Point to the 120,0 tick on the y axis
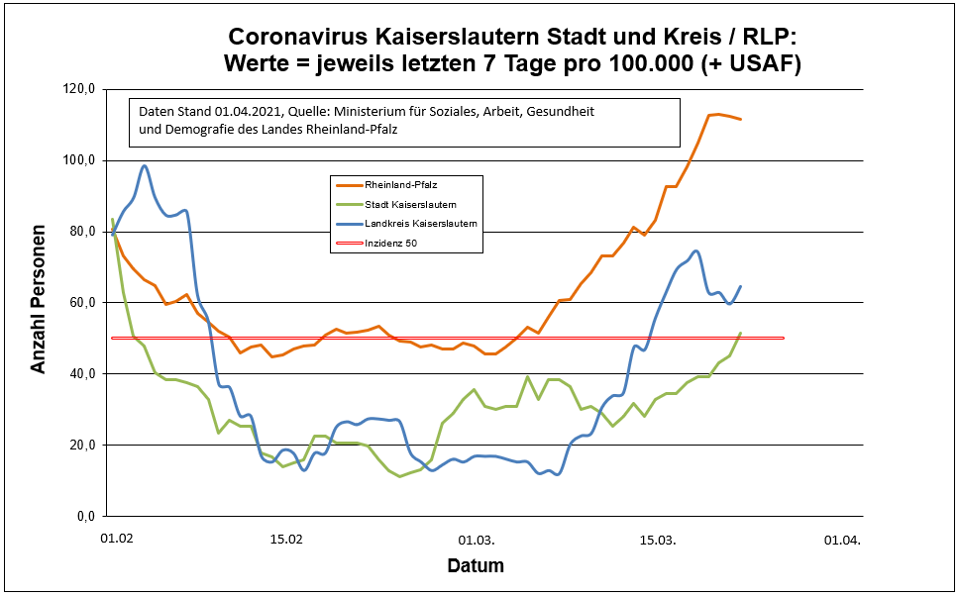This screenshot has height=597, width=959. pos(79,89)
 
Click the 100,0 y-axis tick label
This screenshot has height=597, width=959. pos(79,160)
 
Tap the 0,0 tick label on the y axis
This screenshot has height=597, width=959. pos(85,517)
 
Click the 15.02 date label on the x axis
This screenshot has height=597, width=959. pos(286,541)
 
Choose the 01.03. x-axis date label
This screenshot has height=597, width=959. pos(478,541)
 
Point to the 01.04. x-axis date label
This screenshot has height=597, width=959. pos(843,541)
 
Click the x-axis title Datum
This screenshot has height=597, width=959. pos(475,567)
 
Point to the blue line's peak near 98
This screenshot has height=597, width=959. pos(145,165)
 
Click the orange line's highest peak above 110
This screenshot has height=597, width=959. pos(717,114)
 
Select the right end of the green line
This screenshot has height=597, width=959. pos(740,334)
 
